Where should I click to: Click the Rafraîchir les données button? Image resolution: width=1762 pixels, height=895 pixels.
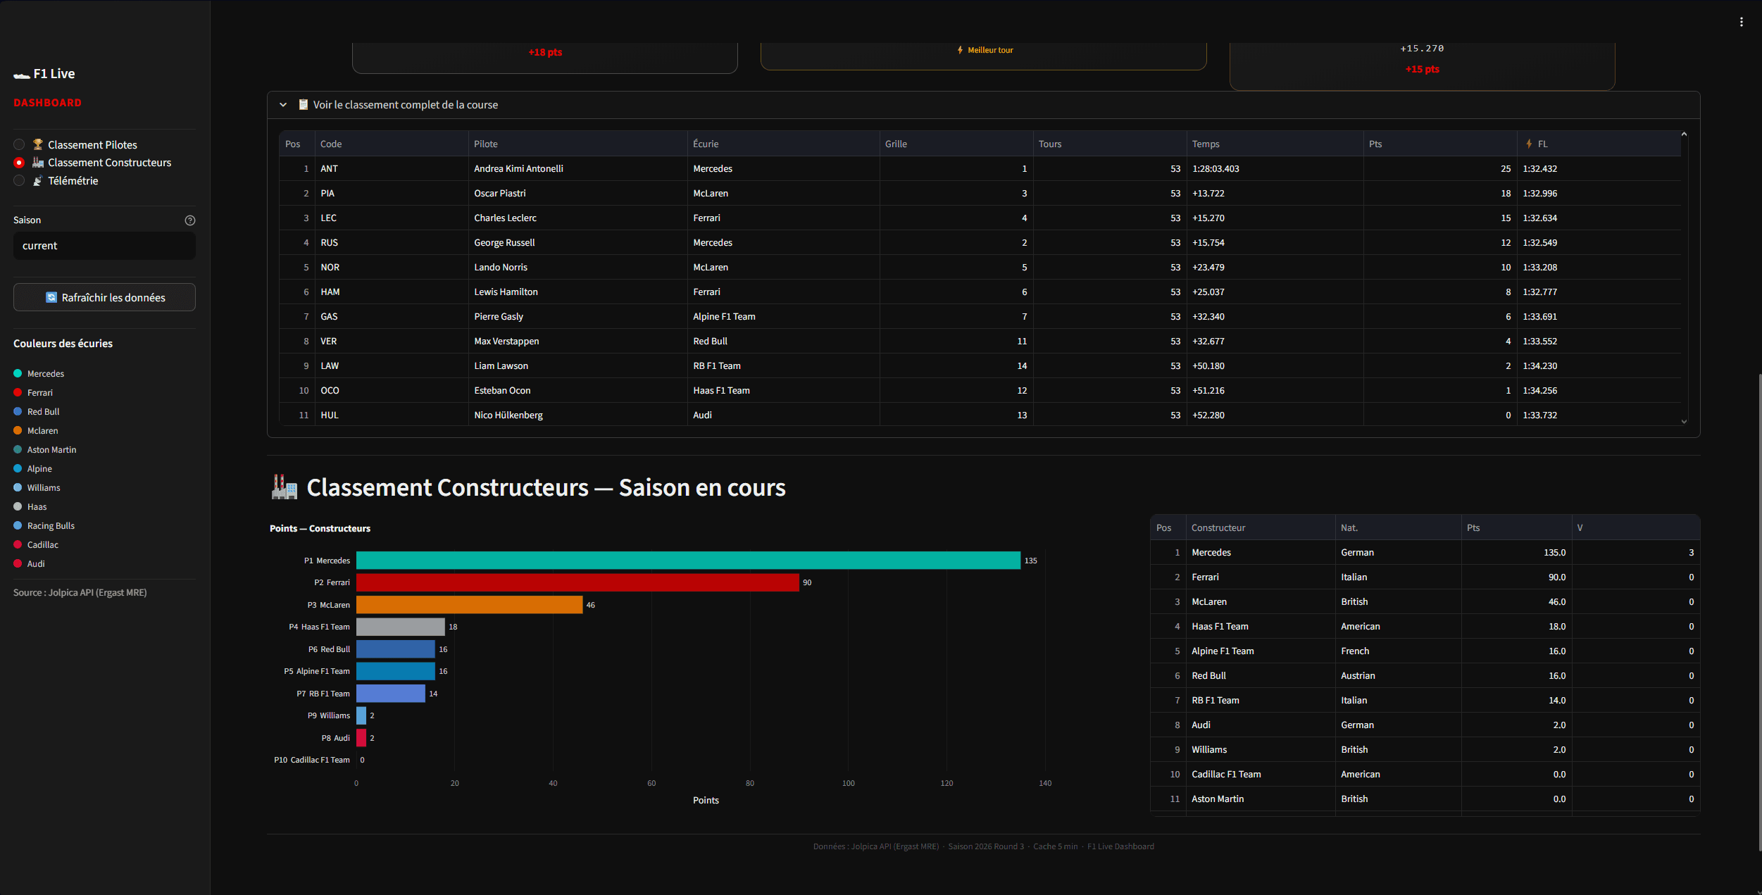tap(104, 297)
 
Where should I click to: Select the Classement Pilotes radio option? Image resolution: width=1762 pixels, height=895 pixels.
tap(20, 144)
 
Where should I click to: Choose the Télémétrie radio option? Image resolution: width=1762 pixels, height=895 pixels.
tap(20, 181)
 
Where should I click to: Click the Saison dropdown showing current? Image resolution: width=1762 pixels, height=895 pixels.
tap(104, 246)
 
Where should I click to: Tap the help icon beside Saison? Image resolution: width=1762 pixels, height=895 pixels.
tap(189, 220)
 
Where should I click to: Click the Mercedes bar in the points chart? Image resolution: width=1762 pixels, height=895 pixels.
tap(687, 561)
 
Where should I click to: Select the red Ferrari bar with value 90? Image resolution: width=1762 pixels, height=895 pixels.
tap(577, 582)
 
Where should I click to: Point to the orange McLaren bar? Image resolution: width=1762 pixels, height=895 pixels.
tap(469, 605)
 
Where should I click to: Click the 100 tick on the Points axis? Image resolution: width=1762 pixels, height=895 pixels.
tap(848, 783)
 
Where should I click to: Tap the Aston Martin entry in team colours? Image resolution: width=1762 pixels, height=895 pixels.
tap(51, 450)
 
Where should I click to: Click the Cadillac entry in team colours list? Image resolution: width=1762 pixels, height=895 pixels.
tap(42, 545)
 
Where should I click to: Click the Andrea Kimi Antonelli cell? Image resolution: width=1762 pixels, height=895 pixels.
tap(518, 169)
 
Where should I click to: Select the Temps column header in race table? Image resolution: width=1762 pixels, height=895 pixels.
tap(1205, 144)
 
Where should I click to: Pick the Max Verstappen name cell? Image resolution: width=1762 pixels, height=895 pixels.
tap(506, 342)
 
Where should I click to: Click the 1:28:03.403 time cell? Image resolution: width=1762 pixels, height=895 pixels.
tap(1216, 169)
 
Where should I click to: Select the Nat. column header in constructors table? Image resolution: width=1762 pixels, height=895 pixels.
tap(1349, 527)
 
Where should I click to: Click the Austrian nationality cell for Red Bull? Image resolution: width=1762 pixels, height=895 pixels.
tap(1357, 675)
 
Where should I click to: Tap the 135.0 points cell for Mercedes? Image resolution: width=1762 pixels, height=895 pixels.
tap(1554, 552)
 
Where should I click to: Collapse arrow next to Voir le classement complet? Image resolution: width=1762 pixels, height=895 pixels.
tap(283, 105)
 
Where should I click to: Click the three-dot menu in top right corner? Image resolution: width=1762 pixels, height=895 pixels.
tap(1741, 22)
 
